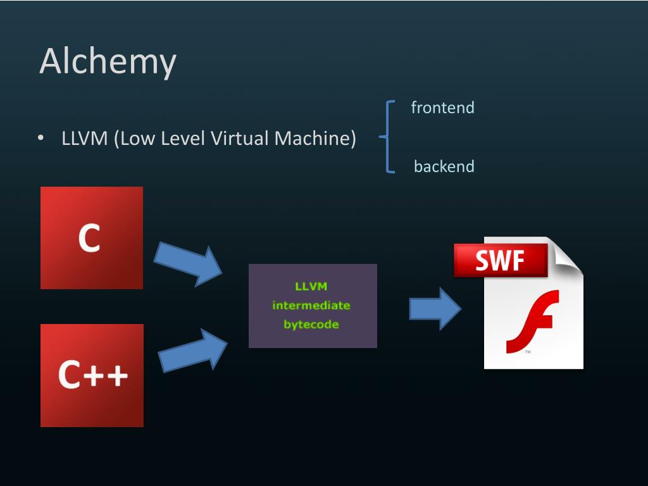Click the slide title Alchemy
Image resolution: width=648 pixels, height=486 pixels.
pos(108,61)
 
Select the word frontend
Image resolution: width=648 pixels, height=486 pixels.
pos(442,108)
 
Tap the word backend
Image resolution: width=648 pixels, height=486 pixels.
pos(444,166)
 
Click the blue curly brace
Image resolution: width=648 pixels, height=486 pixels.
pos(387,137)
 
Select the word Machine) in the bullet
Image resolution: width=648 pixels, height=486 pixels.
pos(315,139)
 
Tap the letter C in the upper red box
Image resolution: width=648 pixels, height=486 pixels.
pos(89,238)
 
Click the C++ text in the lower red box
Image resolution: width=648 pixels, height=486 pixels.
pos(93,375)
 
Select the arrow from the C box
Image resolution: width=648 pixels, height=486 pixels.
pos(188,264)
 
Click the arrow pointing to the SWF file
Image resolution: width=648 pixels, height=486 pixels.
pos(435,309)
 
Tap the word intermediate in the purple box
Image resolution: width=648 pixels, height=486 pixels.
pos(311,306)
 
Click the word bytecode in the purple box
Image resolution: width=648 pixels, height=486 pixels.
pos(311,325)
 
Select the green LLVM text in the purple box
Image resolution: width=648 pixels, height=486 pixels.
pos(311,286)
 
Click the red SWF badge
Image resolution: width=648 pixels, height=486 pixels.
pos(501,260)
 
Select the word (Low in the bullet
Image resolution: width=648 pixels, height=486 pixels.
pos(134,139)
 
